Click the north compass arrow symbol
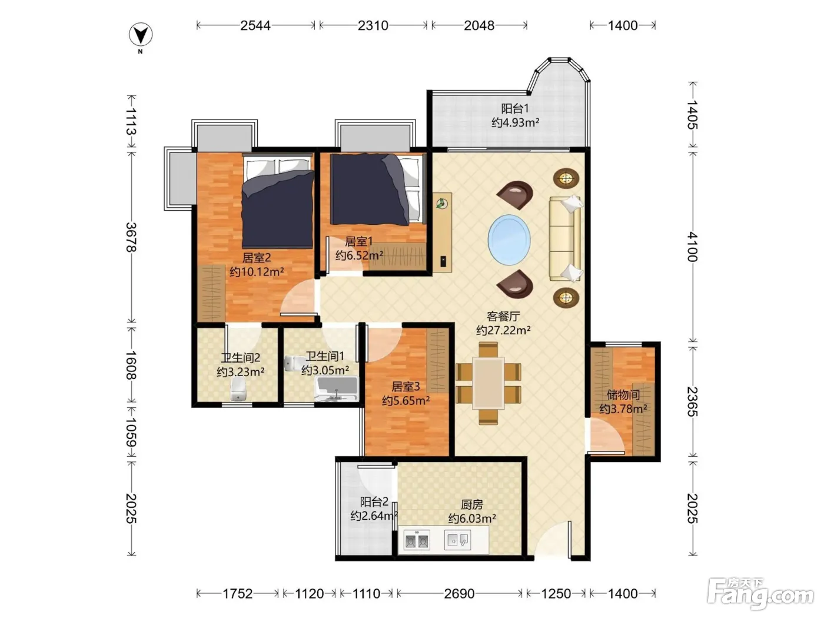click(141, 35)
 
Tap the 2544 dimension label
click(255, 25)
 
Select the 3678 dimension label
click(131, 237)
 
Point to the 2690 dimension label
click(459, 594)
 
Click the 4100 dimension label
click(693, 247)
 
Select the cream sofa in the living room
click(566, 238)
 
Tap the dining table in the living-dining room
click(488, 383)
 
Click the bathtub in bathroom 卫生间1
click(336, 388)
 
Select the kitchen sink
click(457, 540)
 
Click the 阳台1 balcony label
click(515, 108)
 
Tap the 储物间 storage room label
click(623, 394)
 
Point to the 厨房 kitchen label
click(472, 504)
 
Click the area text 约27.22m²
click(503, 331)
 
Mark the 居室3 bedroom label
click(406, 386)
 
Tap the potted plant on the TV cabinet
click(442, 204)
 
